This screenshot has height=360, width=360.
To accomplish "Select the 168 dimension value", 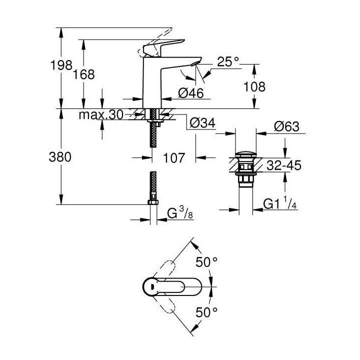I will click(x=84, y=74).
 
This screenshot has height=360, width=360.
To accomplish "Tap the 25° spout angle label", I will click(x=228, y=62).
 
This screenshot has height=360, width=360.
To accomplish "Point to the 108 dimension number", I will click(x=254, y=86).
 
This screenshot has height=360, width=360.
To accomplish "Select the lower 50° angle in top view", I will click(x=207, y=312).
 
